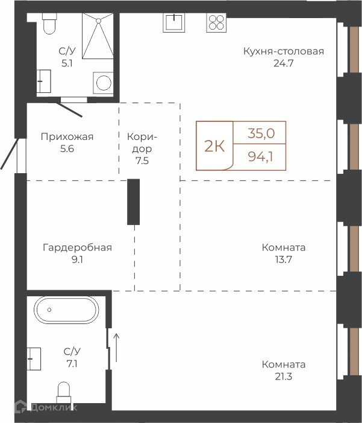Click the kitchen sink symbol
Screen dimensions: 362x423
[173, 22]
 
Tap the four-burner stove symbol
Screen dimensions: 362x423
[217, 22]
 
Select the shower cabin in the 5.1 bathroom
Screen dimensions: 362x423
[98, 36]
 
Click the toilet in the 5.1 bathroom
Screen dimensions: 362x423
[49, 24]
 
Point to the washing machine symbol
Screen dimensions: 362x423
[103, 83]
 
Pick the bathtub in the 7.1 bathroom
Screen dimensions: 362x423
[66, 310]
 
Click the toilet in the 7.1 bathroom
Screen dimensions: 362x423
[64, 393]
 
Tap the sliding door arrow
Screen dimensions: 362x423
[116, 348]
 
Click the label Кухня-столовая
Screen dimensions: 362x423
[284, 51]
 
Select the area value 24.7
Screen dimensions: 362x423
[283, 63]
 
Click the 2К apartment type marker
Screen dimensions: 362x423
[214, 146]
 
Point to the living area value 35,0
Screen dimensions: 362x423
[261, 133]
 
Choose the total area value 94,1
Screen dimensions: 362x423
[260, 156]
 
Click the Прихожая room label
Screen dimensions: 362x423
[67, 137]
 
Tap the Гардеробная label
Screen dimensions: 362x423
[77, 247]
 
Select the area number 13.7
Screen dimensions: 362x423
[284, 259]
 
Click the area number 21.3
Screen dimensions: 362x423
[284, 377]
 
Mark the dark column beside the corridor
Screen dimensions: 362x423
[133, 202]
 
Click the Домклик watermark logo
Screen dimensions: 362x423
[46, 407]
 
